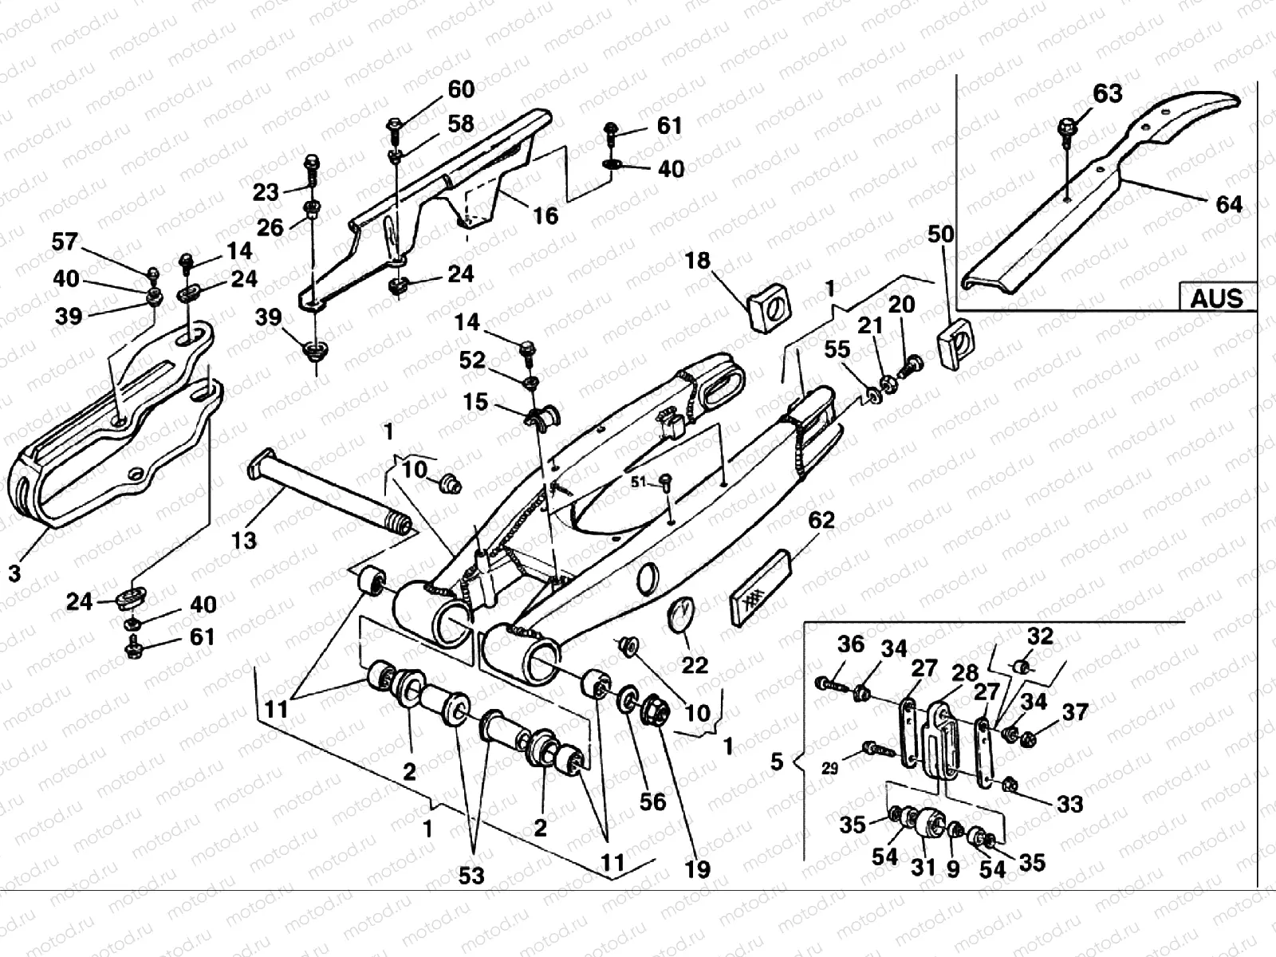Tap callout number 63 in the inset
point(1107,93)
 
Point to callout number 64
point(1228,204)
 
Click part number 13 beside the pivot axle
point(244,540)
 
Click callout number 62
point(821,521)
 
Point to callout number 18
point(698,261)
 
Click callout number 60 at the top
point(460,89)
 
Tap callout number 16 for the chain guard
point(545,215)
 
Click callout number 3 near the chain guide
point(14,573)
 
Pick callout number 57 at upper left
point(65,242)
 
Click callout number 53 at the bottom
point(471,875)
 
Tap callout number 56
point(652,801)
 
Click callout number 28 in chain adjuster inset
point(965,671)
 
